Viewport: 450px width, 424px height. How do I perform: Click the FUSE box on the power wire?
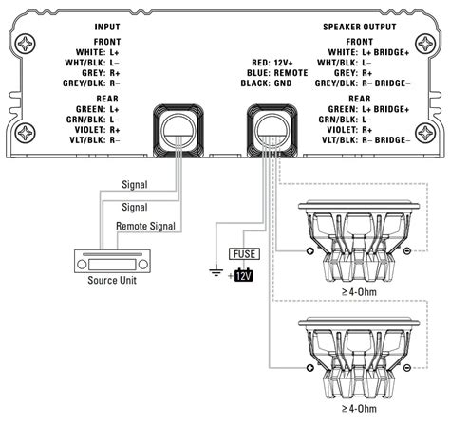coord(244,254)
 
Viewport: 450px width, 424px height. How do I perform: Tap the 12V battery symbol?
coord(244,275)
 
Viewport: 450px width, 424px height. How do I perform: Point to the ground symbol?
coord(216,270)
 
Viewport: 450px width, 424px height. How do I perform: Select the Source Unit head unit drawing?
coord(112,261)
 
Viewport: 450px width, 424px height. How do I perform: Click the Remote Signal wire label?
coord(145,226)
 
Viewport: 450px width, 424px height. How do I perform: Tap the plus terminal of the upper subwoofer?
coord(310,251)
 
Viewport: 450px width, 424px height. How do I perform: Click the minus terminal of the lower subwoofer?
coord(407,368)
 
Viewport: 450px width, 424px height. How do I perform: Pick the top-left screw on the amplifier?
coord(26,44)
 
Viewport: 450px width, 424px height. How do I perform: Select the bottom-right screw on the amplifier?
coord(425,133)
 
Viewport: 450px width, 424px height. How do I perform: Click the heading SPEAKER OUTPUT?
coord(360,27)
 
